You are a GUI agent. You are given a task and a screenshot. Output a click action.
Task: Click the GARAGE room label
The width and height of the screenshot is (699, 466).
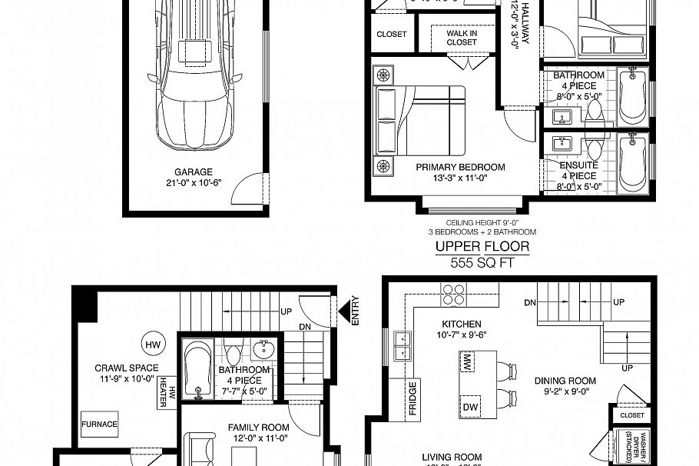(193, 172)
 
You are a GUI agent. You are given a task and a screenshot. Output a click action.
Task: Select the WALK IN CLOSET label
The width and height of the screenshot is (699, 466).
(461, 38)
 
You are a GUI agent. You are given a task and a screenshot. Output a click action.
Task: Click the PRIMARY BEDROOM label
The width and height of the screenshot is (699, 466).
(460, 167)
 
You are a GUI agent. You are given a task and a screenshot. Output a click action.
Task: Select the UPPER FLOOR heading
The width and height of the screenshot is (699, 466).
(482, 246)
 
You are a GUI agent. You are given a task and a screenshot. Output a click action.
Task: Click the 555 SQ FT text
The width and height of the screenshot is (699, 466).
(482, 262)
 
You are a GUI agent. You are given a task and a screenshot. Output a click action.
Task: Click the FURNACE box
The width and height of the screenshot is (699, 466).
(100, 424)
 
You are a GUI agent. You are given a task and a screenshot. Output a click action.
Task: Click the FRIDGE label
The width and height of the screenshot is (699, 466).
(412, 398)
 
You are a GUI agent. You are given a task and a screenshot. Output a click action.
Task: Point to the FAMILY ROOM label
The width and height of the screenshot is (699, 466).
(258, 428)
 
